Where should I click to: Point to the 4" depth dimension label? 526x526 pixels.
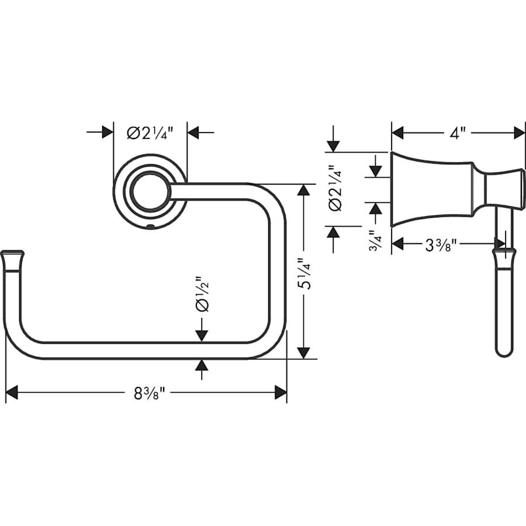point(458,133)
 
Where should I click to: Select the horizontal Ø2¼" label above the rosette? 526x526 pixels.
point(150,132)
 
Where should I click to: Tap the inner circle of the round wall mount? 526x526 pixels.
point(150,191)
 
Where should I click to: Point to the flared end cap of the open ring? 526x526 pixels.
point(12,255)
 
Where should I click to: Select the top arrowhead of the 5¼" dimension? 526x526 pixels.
point(303,191)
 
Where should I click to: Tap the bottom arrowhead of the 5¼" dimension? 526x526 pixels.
point(303,352)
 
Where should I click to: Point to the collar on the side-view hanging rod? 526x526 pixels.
point(503,255)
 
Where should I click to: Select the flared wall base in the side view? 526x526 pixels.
point(431,190)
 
